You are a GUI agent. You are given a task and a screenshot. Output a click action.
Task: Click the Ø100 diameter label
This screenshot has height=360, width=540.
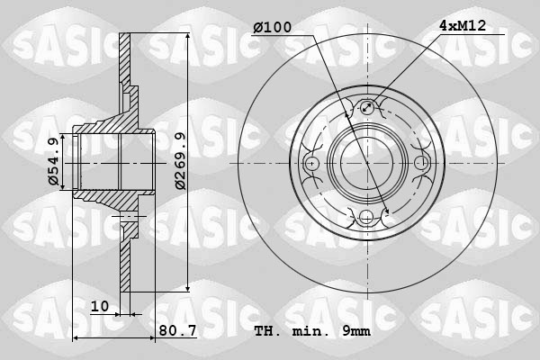tap(272, 28)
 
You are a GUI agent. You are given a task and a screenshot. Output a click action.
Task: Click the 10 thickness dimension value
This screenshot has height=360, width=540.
tap(100, 307)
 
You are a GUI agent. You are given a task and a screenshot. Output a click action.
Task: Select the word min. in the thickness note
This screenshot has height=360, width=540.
tap(310, 330)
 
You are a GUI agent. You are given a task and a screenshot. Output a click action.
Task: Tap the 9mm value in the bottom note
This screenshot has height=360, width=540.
tap(355, 330)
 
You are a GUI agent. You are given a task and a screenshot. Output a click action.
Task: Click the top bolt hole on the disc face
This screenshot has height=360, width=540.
tap(366, 109)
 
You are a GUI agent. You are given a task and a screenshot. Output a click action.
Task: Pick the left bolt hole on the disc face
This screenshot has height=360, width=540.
tap(312, 163)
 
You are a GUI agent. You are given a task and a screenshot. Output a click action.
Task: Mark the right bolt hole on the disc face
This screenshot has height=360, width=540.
tap(420, 163)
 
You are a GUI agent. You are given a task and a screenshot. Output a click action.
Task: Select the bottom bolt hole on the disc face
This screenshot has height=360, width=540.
tap(366, 217)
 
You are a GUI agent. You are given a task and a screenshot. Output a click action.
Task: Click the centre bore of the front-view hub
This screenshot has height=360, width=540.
tap(366, 163)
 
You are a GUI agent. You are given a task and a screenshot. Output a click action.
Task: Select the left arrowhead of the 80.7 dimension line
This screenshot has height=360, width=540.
tap(76, 338)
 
